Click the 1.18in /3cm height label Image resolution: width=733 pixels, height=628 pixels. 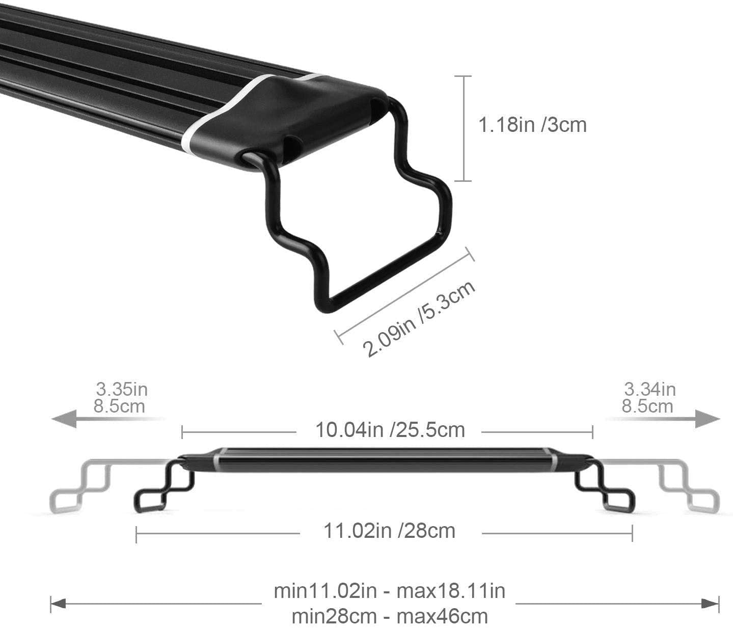(x=533, y=125)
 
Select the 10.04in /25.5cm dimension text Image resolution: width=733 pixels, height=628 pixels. (x=390, y=430)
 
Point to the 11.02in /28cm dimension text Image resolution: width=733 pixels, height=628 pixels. (x=389, y=531)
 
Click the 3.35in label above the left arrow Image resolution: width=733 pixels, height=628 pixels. (x=122, y=389)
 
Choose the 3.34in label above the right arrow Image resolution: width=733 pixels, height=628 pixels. (x=649, y=389)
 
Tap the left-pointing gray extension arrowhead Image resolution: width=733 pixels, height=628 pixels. (x=64, y=419)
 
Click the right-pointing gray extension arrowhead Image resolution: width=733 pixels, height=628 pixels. (x=708, y=419)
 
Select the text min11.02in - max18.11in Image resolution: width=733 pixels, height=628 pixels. (x=389, y=591)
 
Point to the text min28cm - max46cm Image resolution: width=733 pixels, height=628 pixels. (x=389, y=616)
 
